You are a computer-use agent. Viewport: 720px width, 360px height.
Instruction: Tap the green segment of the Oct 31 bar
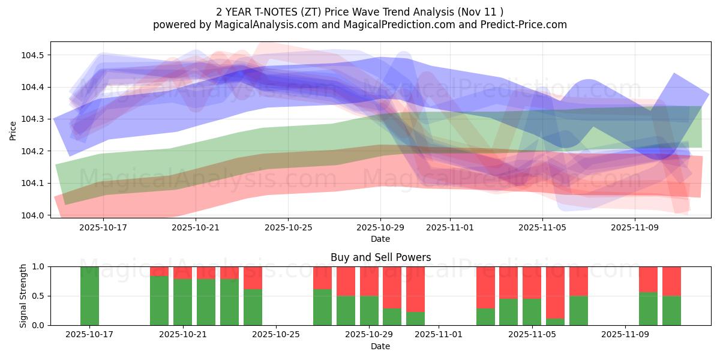tap(415, 319)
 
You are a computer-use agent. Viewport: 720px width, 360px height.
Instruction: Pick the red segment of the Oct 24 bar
tap(253, 278)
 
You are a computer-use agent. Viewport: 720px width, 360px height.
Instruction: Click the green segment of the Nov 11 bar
tap(671, 311)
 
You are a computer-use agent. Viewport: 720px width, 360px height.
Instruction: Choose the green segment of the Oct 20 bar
tap(159, 301)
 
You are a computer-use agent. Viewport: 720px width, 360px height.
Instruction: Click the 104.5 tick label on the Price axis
tap(35, 55)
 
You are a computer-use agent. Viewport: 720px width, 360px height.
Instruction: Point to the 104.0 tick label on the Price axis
tap(35, 215)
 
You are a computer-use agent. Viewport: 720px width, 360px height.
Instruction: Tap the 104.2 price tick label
tap(35, 151)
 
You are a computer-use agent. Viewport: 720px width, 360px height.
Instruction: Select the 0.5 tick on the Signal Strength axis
tap(40, 296)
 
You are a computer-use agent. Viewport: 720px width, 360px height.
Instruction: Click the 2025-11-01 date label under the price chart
tap(449, 227)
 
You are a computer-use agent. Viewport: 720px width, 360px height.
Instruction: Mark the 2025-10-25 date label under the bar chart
tap(275, 334)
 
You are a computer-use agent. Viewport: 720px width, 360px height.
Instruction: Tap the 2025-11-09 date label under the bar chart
tap(625, 334)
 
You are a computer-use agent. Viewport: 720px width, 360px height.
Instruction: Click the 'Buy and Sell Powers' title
tap(380, 257)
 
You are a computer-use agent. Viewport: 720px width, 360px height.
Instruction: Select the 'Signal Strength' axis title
tap(23, 296)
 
